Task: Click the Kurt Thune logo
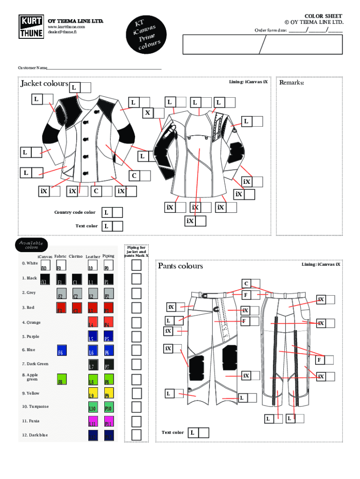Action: tap(32, 27)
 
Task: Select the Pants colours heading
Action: tap(180, 266)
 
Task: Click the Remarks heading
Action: tap(292, 83)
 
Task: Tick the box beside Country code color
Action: tap(117, 212)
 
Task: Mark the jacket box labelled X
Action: tap(158, 113)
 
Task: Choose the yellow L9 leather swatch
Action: tap(93, 393)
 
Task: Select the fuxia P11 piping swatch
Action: tap(108, 421)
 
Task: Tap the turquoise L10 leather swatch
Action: tap(93, 407)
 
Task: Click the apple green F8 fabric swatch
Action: tap(62, 379)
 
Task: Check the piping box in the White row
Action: tap(136, 265)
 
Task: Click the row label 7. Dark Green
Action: tap(35, 363)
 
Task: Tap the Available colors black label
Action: tap(31, 245)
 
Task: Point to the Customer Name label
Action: tap(33, 68)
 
